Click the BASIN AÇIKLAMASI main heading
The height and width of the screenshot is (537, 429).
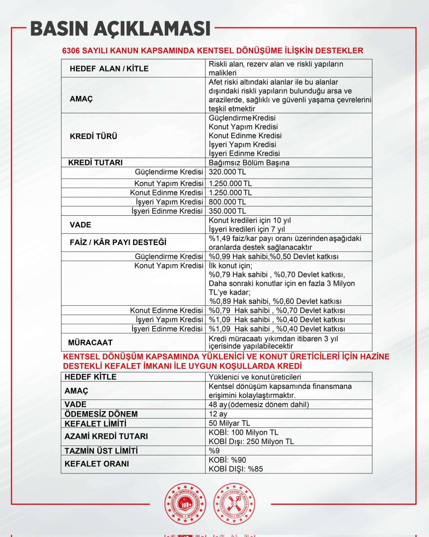point(121,29)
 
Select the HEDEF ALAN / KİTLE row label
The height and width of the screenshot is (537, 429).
point(109,69)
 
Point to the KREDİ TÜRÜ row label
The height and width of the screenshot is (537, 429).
point(93,136)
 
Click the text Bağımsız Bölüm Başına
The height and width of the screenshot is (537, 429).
point(249,163)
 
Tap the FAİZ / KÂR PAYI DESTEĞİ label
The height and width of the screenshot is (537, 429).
point(118,243)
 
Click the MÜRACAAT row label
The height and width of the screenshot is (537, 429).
point(90,342)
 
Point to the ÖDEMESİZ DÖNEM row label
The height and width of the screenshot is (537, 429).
point(101,414)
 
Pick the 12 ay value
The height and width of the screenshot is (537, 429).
point(218,414)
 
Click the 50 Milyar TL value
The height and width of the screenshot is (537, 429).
point(229,423)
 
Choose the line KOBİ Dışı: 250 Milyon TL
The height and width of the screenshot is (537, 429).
point(251,442)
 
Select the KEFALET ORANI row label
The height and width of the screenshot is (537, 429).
point(96,463)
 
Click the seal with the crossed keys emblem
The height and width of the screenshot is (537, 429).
point(234,504)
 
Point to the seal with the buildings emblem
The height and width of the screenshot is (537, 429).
point(185,504)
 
